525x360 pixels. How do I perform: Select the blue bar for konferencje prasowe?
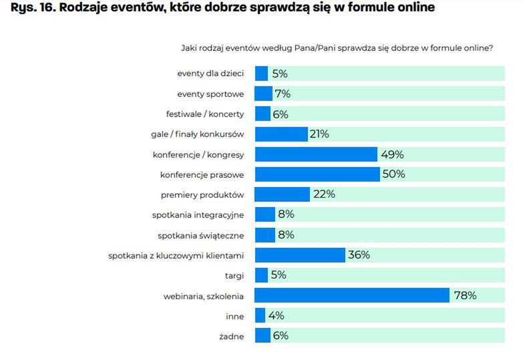coord(317,174)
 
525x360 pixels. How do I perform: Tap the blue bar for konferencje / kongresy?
coord(316,154)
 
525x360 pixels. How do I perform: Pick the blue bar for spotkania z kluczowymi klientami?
coord(300,254)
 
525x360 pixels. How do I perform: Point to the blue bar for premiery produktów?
coord(283,194)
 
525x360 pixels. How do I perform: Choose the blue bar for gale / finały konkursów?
coord(281,134)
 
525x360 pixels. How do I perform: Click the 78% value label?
coord(465,295)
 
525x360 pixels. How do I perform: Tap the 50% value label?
coord(393,174)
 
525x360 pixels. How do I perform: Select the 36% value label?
coord(358,254)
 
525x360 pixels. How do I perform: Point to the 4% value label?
coord(277,315)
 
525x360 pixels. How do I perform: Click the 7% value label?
coord(283,94)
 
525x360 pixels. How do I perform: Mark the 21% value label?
coord(319,134)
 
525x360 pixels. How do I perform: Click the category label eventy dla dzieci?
coord(210,73)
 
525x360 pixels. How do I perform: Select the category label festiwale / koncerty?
coord(205,114)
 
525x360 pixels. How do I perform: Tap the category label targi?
coord(234,275)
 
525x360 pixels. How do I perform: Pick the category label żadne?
coord(230,335)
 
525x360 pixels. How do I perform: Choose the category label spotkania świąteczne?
coord(200,235)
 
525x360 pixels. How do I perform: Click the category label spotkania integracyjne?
coord(198,214)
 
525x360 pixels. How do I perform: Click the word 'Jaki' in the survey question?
coord(190,48)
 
